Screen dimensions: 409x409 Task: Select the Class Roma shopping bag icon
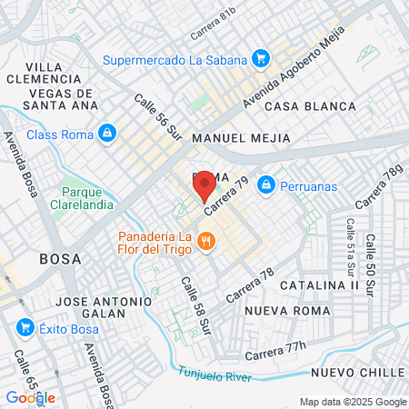107,134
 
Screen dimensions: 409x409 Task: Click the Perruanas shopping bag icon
265,185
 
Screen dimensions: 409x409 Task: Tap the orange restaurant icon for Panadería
207,241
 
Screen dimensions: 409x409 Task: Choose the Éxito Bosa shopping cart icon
25,327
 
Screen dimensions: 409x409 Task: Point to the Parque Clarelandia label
87,198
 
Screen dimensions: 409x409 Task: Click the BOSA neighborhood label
60,259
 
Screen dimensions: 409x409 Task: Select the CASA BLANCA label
311,106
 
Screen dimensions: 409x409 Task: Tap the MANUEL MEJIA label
242,138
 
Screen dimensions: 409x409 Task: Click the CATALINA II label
319,284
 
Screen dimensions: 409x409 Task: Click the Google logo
31,397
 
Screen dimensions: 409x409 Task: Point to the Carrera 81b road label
214,25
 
